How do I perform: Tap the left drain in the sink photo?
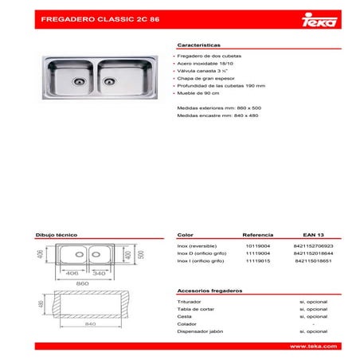77,80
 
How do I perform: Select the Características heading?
199,46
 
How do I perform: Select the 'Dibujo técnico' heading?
55,236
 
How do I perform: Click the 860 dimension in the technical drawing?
82,283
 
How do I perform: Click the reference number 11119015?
258,261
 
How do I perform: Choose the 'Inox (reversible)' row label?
197,247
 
